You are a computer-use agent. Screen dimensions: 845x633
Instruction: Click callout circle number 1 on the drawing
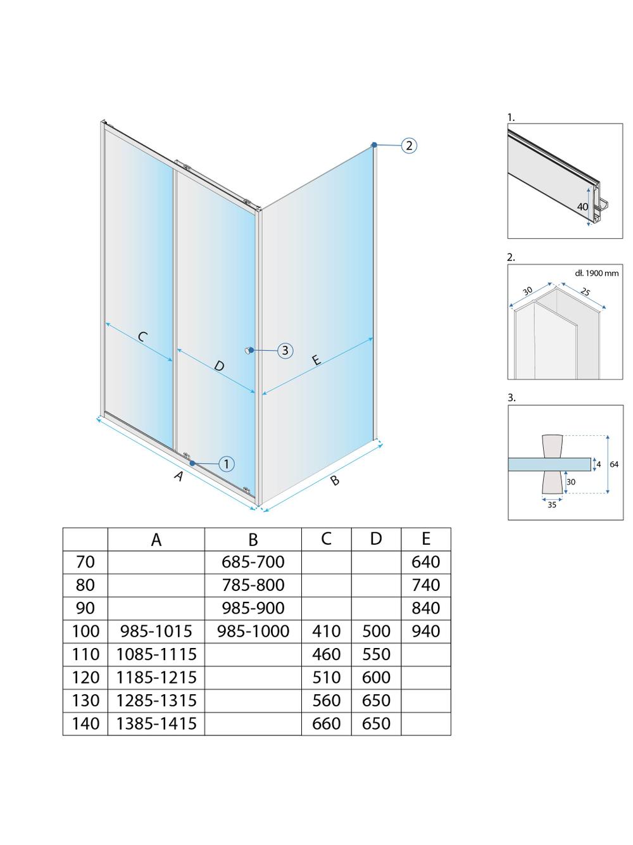click(227, 464)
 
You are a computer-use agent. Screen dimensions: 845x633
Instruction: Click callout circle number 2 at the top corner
click(409, 146)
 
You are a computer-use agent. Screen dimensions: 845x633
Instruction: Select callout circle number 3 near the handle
click(285, 350)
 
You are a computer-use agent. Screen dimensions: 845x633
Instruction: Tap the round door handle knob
click(250, 350)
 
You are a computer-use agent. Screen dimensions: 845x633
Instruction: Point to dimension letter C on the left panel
click(142, 336)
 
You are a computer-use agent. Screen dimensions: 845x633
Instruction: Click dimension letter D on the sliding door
click(218, 365)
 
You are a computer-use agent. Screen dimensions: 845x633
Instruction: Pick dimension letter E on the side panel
click(316, 360)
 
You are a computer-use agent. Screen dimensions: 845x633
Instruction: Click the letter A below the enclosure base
click(179, 476)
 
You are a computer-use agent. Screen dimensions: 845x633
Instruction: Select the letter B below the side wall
click(335, 481)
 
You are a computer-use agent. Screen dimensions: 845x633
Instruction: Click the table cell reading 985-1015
click(156, 631)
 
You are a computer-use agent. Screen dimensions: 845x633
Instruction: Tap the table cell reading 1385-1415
click(156, 723)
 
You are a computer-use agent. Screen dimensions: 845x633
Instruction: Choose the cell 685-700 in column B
click(253, 562)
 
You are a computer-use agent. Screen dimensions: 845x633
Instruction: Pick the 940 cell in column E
click(425, 631)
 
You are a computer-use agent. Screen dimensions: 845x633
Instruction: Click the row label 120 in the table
click(85, 677)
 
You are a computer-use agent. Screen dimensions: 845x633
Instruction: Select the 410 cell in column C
click(327, 631)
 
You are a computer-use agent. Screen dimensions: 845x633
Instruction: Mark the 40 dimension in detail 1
click(582, 206)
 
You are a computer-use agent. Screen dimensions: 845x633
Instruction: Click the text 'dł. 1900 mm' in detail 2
click(597, 273)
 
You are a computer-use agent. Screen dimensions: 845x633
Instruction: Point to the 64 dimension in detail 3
click(614, 464)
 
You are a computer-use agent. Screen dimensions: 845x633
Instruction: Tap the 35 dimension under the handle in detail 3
click(552, 505)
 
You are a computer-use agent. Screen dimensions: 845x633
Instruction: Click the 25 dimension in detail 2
click(584, 292)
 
